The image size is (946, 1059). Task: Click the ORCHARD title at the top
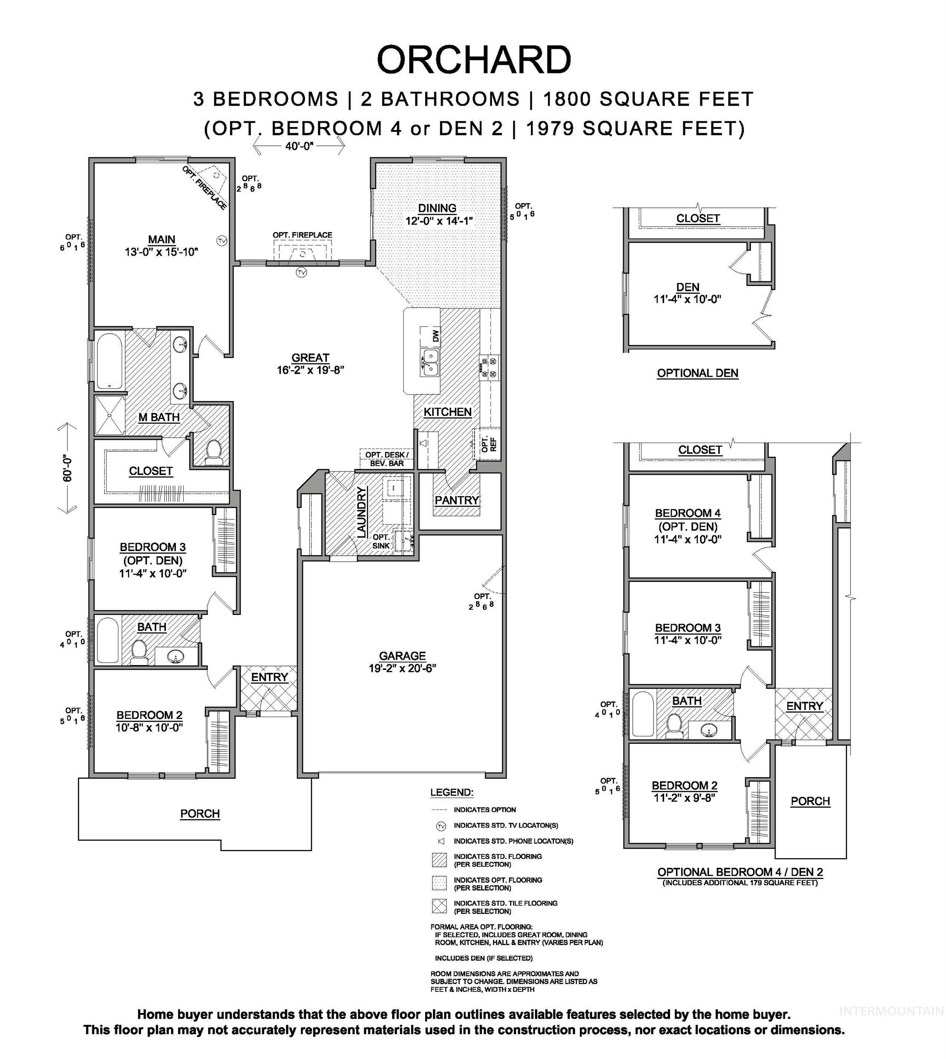click(473, 60)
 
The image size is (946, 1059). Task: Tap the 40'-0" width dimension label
click(299, 146)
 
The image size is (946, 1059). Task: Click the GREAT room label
click(310, 358)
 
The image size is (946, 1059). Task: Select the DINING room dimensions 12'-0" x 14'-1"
click(439, 221)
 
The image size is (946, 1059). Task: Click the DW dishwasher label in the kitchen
click(436, 336)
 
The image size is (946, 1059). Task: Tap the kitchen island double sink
click(429, 362)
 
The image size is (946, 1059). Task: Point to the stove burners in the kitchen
click(489, 367)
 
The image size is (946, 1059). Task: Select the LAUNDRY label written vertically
click(362, 512)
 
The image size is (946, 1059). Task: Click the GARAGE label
click(402, 656)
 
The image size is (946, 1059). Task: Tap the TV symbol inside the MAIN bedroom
click(222, 241)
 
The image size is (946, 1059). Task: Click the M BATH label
click(159, 417)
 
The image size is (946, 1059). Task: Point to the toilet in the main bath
click(214, 453)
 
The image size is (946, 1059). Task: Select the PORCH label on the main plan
click(200, 814)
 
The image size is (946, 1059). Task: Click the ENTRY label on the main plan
click(269, 677)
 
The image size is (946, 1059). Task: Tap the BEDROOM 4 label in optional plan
click(687, 513)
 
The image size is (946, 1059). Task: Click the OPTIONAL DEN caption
click(698, 373)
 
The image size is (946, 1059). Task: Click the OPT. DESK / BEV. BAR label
click(387, 459)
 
